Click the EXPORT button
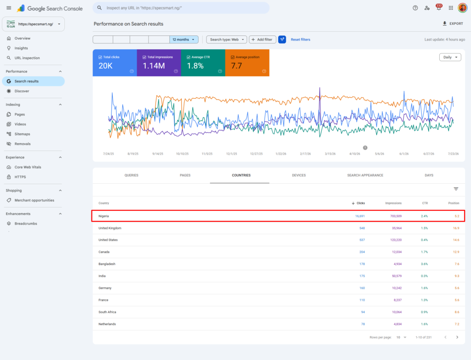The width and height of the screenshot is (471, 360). [453, 23]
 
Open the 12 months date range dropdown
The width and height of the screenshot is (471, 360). [184, 40]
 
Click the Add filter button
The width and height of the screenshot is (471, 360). [262, 40]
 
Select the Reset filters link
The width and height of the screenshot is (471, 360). [300, 40]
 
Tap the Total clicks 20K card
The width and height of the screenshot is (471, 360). [115, 63]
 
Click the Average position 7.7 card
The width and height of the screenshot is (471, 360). [247, 63]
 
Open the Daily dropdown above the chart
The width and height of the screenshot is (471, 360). [450, 57]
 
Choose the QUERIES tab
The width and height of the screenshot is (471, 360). [131, 175]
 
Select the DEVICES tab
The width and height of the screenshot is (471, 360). [299, 175]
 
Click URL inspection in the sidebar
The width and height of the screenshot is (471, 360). [27, 58]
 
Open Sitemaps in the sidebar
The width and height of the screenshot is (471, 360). [22, 134]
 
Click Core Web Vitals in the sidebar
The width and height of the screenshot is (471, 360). [28, 167]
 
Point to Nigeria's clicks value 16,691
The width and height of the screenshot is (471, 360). [360, 216]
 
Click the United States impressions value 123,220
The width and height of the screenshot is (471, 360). [396, 240]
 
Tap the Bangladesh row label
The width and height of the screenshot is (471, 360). [107, 264]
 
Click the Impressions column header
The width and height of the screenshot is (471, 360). [394, 203]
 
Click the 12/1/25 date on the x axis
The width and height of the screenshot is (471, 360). [232, 154]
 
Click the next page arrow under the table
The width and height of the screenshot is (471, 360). [457, 337]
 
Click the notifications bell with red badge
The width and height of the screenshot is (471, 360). [439, 7]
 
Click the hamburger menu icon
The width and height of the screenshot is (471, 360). [9, 8]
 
